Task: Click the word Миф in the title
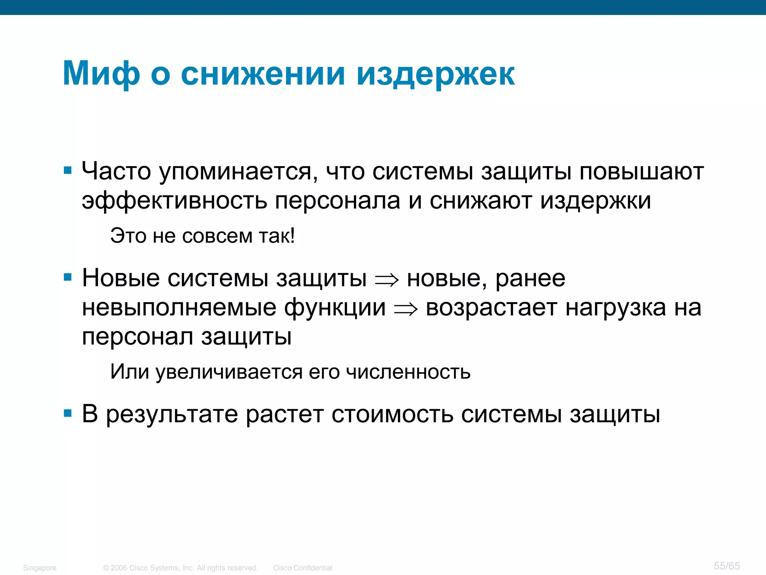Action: point(101,74)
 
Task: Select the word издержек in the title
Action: point(435,74)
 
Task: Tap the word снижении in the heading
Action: point(263,74)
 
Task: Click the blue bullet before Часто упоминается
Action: point(68,171)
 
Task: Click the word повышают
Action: point(641,172)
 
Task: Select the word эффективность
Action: point(174,201)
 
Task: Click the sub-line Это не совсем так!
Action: point(202,236)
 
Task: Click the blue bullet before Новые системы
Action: point(68,277)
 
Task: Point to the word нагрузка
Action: point(616,308)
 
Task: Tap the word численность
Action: point(408,372)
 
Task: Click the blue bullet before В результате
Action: point(68,414)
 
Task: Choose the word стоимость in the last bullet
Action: point(392,414)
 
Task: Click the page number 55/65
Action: point(726,566)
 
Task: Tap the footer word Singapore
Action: point(40,568)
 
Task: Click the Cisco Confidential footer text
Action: point(302,568)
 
